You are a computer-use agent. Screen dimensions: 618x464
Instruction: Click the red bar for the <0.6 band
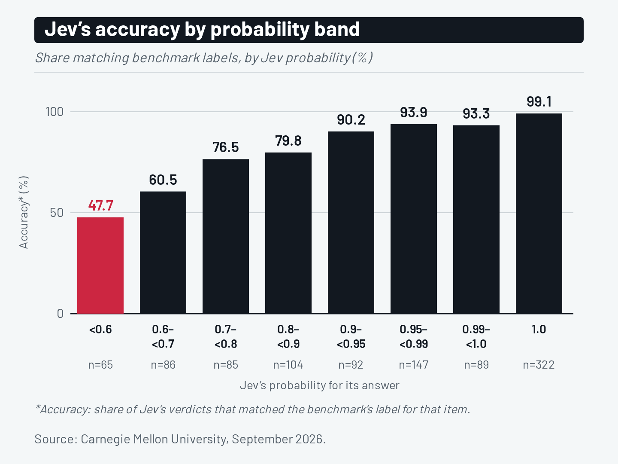(x=100, y=266)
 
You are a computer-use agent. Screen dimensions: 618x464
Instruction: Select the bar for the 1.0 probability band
(x=539, y=214)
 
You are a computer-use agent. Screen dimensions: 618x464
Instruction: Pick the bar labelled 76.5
(x=226, y=236)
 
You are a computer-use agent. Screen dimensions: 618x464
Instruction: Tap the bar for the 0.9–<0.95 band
(x=351, y=223)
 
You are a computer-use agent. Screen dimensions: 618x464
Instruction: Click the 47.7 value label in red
(x=100, y=205)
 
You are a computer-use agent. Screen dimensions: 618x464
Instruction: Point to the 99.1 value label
(x=539, y=102)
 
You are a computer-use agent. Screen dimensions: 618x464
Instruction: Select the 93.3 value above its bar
(x=476, y=113)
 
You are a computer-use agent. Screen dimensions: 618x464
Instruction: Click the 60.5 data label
(x=163, y=180)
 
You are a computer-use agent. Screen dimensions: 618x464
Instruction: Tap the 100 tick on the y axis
(x=55, y=112)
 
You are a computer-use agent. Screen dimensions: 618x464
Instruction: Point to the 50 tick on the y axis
(x=57, y=213)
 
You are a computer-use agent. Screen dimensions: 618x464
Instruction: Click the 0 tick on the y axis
(x=60, y=314)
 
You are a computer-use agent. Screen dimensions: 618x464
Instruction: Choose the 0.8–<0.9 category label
(x=288, y=336)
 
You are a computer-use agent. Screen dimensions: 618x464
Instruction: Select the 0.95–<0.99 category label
(x=414, y=336)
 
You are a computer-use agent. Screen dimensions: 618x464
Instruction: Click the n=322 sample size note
(x=539, y=365)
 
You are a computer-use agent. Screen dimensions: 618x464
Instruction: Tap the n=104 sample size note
(x=288, y=365)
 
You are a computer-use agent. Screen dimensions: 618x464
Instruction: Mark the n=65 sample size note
(x=100, y=365)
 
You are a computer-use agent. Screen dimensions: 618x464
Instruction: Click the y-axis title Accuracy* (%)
(x=24, y=212)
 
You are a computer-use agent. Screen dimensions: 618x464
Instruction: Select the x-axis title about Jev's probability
(x=320, y=385)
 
